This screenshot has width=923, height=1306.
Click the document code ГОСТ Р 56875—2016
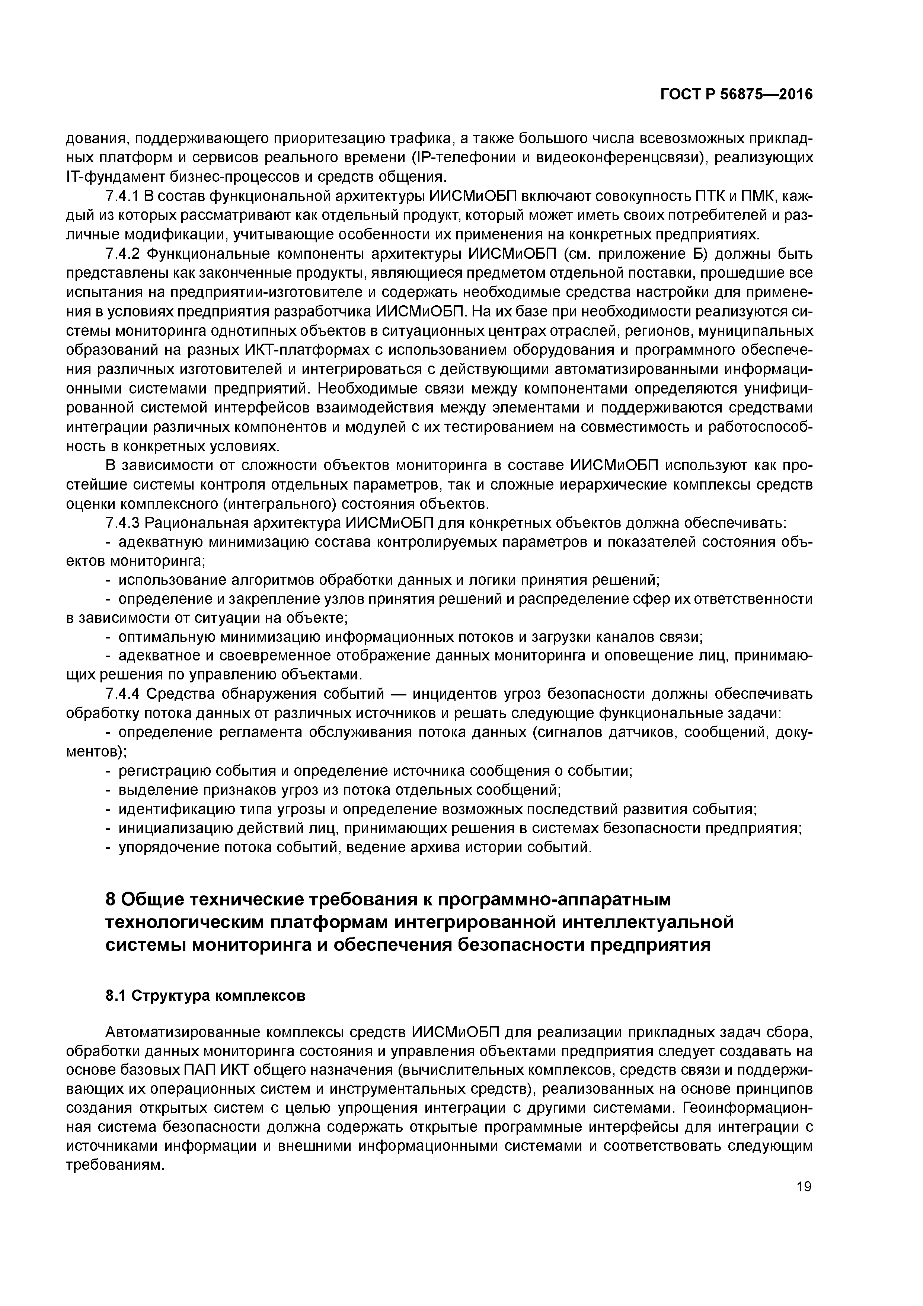737,95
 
